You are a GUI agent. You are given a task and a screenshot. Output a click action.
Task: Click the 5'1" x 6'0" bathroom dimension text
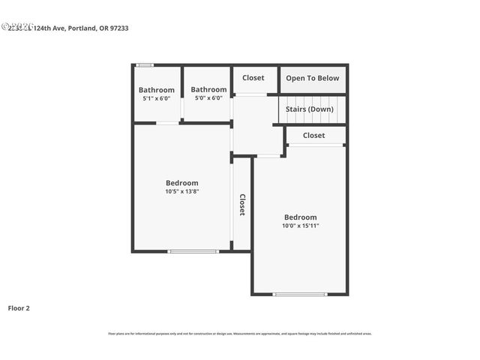click(x=157, y=98)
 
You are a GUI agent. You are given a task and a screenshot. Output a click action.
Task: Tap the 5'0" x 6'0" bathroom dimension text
click(x=208, y=97)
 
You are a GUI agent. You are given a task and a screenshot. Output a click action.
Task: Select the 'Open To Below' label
click(x=312, y=78)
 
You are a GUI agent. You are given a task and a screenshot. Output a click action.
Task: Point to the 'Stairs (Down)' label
click(x=310, y=109)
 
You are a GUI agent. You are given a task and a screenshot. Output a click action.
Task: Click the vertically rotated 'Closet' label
click(x=242, y=205)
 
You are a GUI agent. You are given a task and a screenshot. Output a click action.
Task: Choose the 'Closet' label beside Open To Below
click(x=253, y=78)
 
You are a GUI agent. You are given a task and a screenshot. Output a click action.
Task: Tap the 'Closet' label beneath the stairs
click(x=313, y=136)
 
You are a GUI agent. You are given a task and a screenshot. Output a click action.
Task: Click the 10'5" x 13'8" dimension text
click(x=182, y=191)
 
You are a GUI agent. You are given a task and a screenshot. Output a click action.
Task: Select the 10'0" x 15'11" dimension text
click(x=300, y=226)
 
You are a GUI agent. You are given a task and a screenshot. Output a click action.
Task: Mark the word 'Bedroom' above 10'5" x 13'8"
click(x=182, y=182)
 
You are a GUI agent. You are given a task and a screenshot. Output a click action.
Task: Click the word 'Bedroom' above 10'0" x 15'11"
click(x=300, y=217)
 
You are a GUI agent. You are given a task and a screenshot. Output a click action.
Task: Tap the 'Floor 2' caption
click(x=19, y=307)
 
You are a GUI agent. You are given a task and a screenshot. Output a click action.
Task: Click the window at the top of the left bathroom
click(x=145, y=65)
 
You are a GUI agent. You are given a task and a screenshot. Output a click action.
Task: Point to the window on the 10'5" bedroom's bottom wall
click(x=183, y=251)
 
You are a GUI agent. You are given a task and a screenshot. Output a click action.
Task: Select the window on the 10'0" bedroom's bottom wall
click(x=300, y=294)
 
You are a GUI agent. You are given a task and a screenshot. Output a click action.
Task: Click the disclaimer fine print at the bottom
click(x=240, y=334)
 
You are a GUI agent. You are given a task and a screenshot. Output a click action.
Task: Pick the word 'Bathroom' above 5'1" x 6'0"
click(x=157, y=90)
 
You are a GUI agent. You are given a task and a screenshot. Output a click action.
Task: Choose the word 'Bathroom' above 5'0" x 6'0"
click(x=208, y=89)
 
